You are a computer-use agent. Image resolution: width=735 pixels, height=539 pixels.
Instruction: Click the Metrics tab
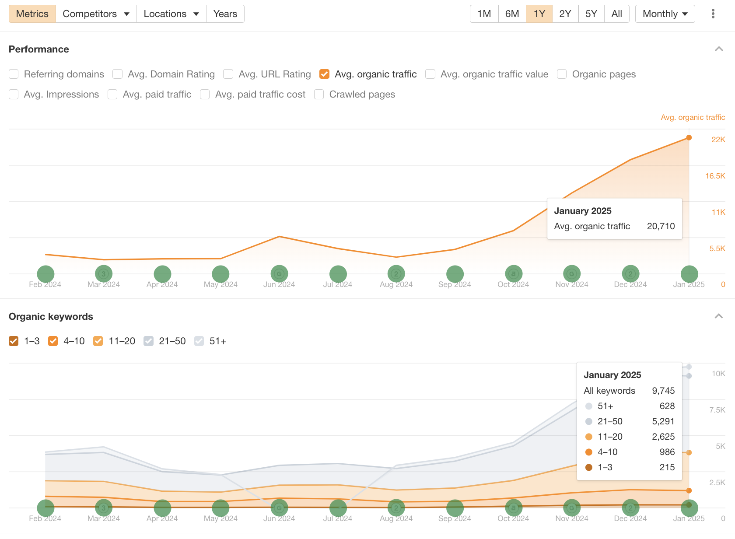(x=32, y=14)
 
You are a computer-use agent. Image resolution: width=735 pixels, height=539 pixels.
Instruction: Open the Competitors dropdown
(x=96, y=14)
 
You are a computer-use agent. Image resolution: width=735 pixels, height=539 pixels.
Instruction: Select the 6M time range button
(x=512, y=14)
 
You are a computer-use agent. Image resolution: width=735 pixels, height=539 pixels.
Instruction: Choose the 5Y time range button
(x=591, y=14)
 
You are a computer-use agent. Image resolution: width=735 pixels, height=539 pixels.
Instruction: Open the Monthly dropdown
(x=665, y=14)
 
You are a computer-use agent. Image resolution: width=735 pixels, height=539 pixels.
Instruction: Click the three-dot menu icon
(x=713, y=14)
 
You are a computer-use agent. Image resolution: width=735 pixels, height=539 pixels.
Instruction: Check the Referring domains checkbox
(x=14, y=74)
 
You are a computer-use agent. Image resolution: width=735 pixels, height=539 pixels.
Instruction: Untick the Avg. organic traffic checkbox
(x=324, y=74)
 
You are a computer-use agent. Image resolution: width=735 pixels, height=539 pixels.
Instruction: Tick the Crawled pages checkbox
(x=319, y=94)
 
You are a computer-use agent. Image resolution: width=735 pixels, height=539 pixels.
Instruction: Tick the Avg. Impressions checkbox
(x=14, y=94)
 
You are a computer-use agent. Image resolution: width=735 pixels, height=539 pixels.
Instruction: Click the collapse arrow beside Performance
(x=718, y=49)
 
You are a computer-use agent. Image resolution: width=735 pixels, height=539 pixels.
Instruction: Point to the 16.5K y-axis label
(x=715, y=176)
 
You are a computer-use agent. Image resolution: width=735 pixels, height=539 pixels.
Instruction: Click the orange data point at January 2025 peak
(x=689, y=138)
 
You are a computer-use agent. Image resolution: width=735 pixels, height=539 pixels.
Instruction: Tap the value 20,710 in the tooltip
(x=661, y=226)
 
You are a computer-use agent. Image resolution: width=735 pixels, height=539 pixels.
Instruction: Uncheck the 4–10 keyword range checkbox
(x=53, y=341)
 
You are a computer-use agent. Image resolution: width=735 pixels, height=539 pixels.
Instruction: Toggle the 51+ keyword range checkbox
(x=199, y=341)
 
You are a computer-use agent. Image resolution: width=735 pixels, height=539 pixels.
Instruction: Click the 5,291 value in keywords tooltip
(x=663, y=422)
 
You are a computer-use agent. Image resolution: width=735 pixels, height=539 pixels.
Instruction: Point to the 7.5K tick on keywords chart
(x=717, y=410)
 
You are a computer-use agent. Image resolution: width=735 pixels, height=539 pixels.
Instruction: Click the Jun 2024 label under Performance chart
(x=279, y=284)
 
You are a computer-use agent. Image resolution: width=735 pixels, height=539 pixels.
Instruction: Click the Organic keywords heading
(x=51, y=317)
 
